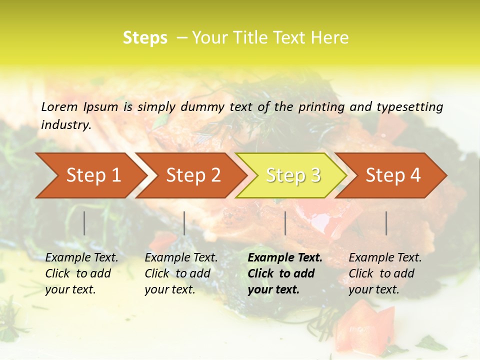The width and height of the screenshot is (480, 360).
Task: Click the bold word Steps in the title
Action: pos(145,38)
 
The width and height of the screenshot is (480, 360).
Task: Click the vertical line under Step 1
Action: pos(84,223)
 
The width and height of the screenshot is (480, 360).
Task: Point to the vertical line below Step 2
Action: pos(184,223)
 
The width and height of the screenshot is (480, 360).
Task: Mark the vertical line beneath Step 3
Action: pos(285,223)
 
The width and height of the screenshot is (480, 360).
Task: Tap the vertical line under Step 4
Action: pos(386,223)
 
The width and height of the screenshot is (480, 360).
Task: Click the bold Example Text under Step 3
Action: pos(285,258)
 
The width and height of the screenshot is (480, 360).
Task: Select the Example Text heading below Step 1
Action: pos(81,258)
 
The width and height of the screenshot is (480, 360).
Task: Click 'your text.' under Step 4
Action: pos(373,289)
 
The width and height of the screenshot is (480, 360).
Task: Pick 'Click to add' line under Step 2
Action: pos(177,273)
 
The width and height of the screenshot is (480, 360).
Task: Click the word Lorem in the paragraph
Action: pos(59,106)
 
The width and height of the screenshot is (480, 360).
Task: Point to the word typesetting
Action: pos(409,107)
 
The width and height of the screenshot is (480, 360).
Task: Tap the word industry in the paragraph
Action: pos(65,124)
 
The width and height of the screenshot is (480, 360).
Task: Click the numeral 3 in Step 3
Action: pos(315,175)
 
